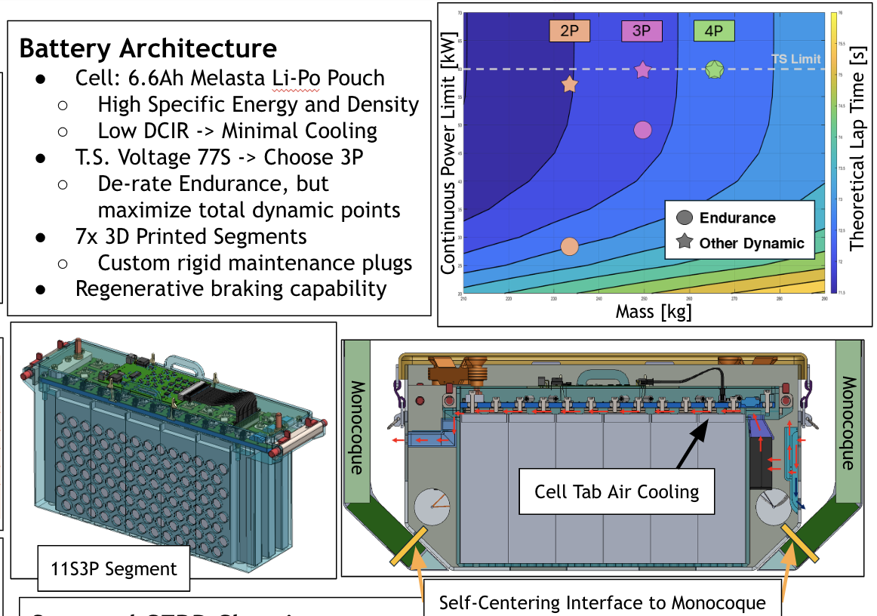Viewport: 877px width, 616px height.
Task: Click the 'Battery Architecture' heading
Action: [x=148, y=48]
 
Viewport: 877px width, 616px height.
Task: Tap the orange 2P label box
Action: [x=570, y=31]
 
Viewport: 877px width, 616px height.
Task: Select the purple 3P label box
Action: [x=642, y=31]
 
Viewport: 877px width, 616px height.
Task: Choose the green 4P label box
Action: [x=714, y=31]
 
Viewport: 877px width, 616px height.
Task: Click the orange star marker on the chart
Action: [x=570, y=85]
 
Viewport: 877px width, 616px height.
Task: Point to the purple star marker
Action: [x=642, y=70]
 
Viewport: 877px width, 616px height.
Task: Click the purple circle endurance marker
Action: [x=642, y=130]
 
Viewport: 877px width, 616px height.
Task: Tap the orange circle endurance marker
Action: [x=570, y=246]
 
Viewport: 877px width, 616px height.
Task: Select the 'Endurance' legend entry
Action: [x=737, y=218]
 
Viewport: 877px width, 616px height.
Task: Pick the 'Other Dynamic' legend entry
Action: [x=751, y=243]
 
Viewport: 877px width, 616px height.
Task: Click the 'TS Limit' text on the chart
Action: [x=795, y=59]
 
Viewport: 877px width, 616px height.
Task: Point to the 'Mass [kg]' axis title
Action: [x=654, y=311]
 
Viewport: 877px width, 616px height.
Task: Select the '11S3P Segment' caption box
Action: [x=112, y=568]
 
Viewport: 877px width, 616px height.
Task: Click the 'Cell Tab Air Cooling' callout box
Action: [x=617, y=492]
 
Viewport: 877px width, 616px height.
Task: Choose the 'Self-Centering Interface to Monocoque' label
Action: [x=602, y=602]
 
